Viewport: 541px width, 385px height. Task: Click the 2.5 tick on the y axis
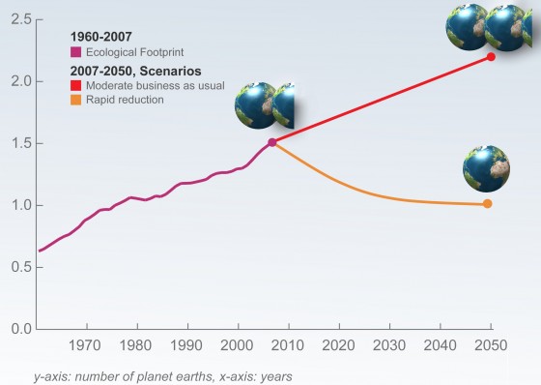tap(18, 19)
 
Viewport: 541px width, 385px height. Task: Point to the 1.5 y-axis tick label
tap(18, 143)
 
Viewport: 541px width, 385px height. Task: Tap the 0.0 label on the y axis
tap(18, 329)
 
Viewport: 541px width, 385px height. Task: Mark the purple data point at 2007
tap(272, 142)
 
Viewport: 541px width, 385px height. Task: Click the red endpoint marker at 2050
tap(491, 57)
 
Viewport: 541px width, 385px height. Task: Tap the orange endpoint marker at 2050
tap(488, 203)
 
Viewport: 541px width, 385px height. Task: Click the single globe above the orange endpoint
tap(486, 168)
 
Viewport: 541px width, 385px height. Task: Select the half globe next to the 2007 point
tap(285, 105)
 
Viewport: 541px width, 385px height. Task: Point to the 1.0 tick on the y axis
tap(18, 205)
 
